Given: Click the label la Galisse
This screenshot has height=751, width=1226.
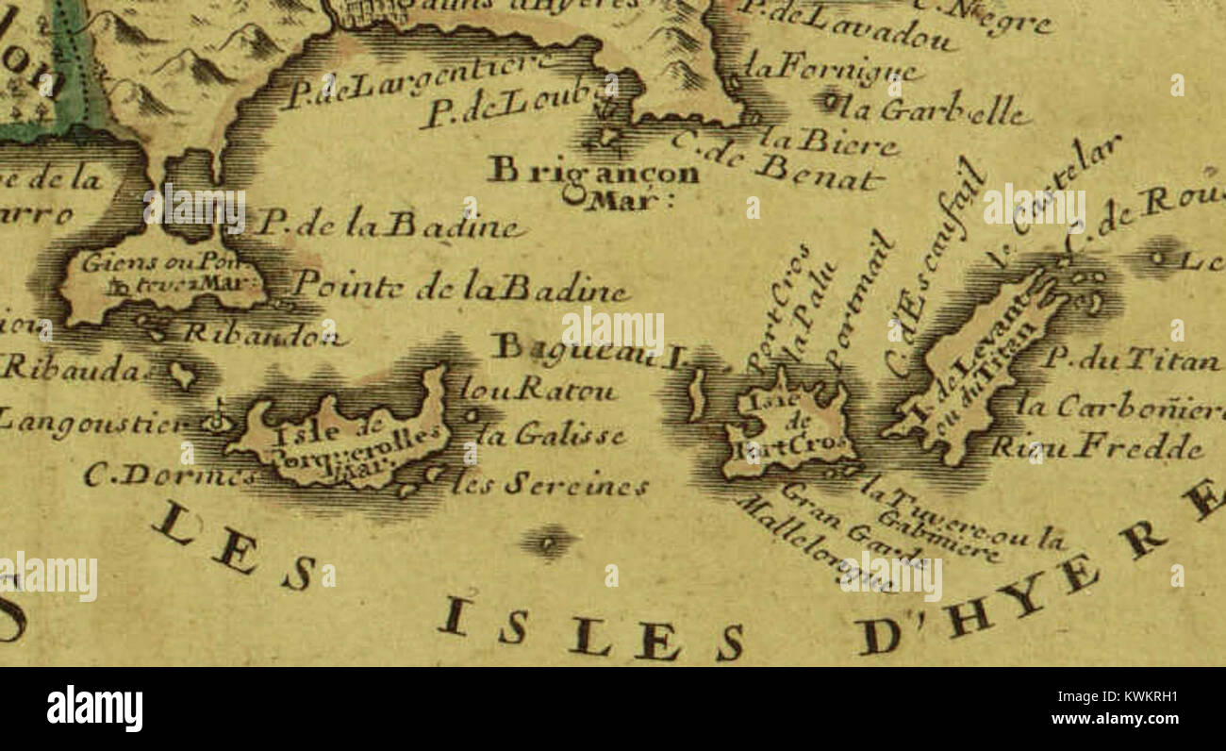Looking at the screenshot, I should [x=551, y=436].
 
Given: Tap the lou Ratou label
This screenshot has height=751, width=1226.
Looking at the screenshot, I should [x=538, y=388].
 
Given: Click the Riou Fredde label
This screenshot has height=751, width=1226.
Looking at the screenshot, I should [x=1098, y=445].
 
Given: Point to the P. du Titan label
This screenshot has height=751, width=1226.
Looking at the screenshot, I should [x=1132, y=359].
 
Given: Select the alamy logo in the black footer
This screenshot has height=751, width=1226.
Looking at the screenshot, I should [x=94, y=708].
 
